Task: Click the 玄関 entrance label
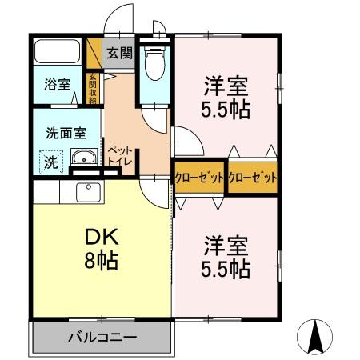pyautogui.click(x=121, y=54)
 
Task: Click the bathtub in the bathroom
pyautogui.click(x=58, y=54)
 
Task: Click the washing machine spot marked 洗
pyautogui.click(x=50, y=161)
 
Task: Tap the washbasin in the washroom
pyautogui.click(x=83, y=158)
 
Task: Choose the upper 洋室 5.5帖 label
pyautogui.click(x=225, y=97)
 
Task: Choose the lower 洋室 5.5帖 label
pyautogui.click(x=225, y=255)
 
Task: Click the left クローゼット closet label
pyautogui.click(x=199, y=177)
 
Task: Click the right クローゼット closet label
pyautogui.click(x=252, y=177)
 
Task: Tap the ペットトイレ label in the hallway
pyautogui.click(x=119, y=154)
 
